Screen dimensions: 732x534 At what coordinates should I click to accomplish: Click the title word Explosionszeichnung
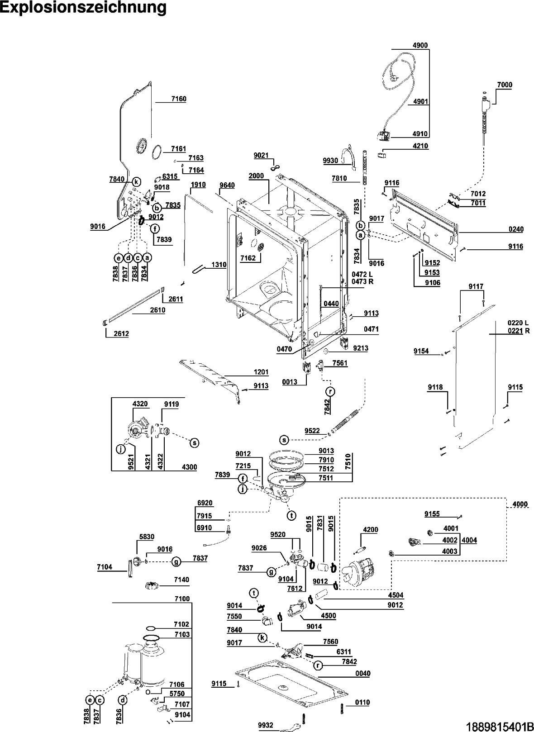(x=83, y=8)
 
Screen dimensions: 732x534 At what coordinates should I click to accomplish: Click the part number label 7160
(x=179, y=99)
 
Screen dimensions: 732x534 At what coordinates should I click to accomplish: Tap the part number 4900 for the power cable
(x=420, y=45)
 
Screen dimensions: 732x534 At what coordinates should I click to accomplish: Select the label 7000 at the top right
(x=505, y=85)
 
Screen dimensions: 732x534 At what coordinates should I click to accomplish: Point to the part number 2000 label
(x=256, y=176)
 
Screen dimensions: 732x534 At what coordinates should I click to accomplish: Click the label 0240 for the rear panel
(x=515, y=229)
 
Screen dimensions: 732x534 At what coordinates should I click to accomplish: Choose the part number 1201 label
(x=261, y=372)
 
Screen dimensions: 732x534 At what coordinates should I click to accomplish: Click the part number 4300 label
(x=189, y=467)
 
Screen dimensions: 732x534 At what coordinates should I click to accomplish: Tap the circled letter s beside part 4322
(x=194, y=442)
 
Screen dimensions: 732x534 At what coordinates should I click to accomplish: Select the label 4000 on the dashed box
(x=520, y=504)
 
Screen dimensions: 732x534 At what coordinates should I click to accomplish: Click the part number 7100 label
(x=182, y=599)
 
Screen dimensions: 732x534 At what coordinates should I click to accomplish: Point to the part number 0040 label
(x=362, y=674)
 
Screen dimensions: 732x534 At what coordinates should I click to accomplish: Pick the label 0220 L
(x=518, y=323)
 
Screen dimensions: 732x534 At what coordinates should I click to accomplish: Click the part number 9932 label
(x=266, y=726)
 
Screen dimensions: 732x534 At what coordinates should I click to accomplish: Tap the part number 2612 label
(x=121, y=334)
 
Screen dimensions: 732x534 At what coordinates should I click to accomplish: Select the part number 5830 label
(x=147, y=537)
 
